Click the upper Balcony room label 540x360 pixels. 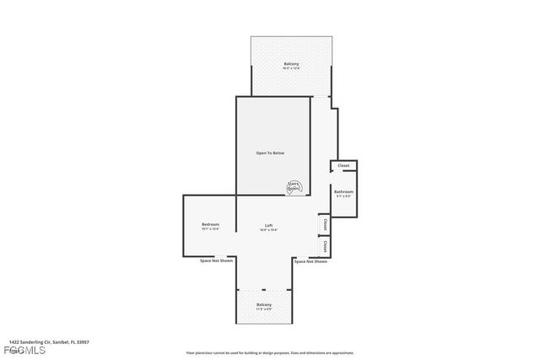290,64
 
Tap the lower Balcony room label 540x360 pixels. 264,304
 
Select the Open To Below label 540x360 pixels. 271,153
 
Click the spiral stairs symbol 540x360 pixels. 294,187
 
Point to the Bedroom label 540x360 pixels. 210,224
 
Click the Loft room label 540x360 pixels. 268,225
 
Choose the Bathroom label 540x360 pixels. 343,191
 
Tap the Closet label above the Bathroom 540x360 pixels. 343,165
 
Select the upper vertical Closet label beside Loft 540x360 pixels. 325,225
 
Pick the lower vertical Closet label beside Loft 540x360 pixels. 325,247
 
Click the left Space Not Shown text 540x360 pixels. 217,261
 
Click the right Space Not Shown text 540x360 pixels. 310,261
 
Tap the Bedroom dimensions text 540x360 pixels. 210,229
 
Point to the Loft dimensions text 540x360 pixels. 268,229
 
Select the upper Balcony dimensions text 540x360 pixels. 290,69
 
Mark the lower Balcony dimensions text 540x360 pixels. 264,309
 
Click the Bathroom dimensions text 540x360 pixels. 343,196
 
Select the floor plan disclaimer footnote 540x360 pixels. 270,353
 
